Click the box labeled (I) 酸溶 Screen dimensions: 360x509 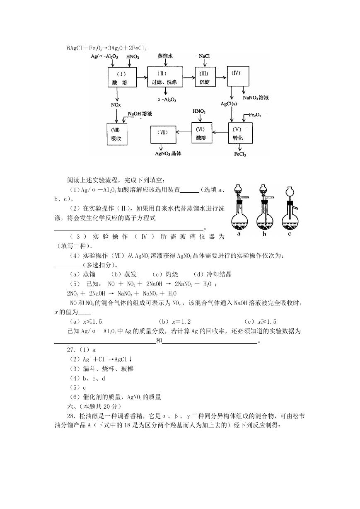[122, 77]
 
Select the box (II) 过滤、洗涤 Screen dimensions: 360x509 [165, 77]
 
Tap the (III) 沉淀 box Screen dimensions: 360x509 [205, 77]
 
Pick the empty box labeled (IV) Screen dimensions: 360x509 [238, 76]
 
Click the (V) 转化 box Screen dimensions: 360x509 [240, 133]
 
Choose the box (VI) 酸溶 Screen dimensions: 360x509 [202, 133]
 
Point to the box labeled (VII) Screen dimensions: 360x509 [163, 135]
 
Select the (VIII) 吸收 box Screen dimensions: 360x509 [117, 134]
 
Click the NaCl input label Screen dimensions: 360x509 [204, 56]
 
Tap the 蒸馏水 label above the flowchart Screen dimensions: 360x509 [165, 56]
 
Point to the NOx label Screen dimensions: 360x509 [116, 105]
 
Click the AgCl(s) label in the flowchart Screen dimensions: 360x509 [229, 104]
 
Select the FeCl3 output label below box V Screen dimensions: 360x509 [240, 154]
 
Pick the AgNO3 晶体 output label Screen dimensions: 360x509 [168, 154]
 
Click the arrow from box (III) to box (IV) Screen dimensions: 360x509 [221, 78]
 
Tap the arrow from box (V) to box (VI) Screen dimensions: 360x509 [220, 132]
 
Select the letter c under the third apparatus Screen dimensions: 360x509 [289, 234]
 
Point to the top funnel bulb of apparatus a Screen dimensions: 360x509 [238, 189]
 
